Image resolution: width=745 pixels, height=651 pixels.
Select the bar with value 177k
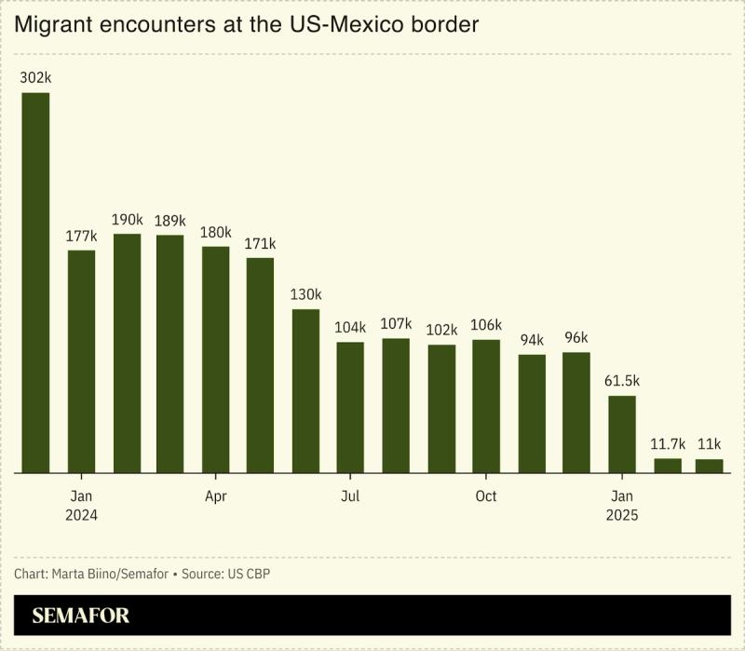(x=81, y=361)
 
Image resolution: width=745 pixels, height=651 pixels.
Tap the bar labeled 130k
(x=305, y=391)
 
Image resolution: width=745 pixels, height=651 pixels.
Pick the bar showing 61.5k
(x=622, y=434)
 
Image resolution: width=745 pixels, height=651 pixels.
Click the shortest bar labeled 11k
(x=709, y=466)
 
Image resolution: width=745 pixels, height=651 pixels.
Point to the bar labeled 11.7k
(x=668, y=465)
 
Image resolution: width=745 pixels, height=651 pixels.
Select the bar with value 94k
(x=532, y=414)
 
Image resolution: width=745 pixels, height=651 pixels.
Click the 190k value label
(x=127, y=220)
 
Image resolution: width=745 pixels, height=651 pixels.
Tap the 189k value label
(x=170, y=221)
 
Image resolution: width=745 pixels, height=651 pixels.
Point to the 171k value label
(x=260, y=244)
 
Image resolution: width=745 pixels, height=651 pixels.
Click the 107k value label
(x=396, y=324)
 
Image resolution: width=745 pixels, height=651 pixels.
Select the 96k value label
(x=576, y=338)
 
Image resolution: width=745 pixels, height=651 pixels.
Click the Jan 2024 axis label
(x=81, y=506)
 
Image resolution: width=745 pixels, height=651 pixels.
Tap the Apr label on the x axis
(x=215, y=496)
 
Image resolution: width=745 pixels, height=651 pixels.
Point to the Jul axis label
(x=350, y=496)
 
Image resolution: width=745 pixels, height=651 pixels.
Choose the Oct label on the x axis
(x=486, y=496)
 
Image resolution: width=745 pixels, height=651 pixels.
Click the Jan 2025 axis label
(x=622, y=506)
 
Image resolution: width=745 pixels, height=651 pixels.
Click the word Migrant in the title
(x=54, y=25)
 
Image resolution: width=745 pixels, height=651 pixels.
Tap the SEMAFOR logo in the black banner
(x=81, y=616)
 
